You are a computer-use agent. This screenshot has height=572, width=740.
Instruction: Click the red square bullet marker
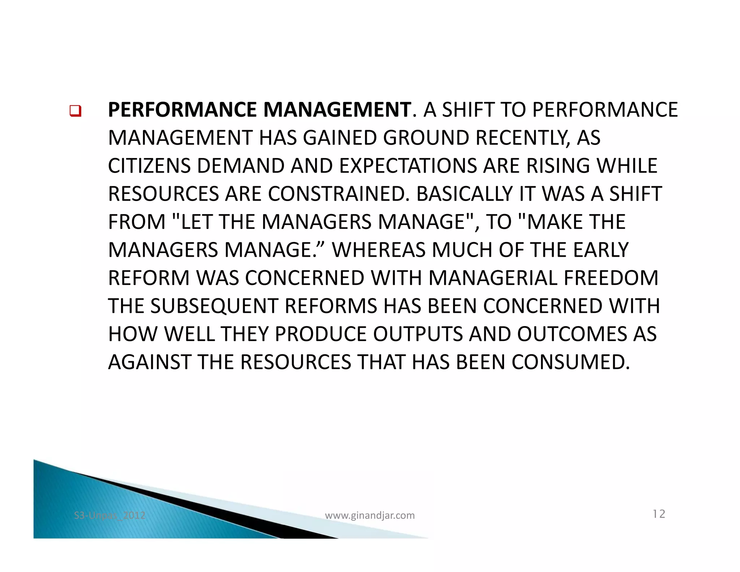tap(75, 111)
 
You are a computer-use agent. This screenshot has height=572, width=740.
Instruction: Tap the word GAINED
tap(340, 138)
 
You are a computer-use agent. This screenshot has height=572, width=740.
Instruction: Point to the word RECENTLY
tap(522, 138)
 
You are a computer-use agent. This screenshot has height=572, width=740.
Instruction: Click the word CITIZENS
tap(150, 166)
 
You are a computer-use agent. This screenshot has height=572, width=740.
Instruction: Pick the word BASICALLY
tap(464, 194)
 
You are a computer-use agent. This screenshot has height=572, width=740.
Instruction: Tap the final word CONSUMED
tap(571, 362)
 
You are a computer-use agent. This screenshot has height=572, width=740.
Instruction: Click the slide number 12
tap(659, 514)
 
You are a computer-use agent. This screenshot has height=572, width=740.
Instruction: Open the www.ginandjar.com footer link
tap(370, 515)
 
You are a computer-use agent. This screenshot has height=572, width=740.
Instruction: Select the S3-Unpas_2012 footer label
tap(109, 515)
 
